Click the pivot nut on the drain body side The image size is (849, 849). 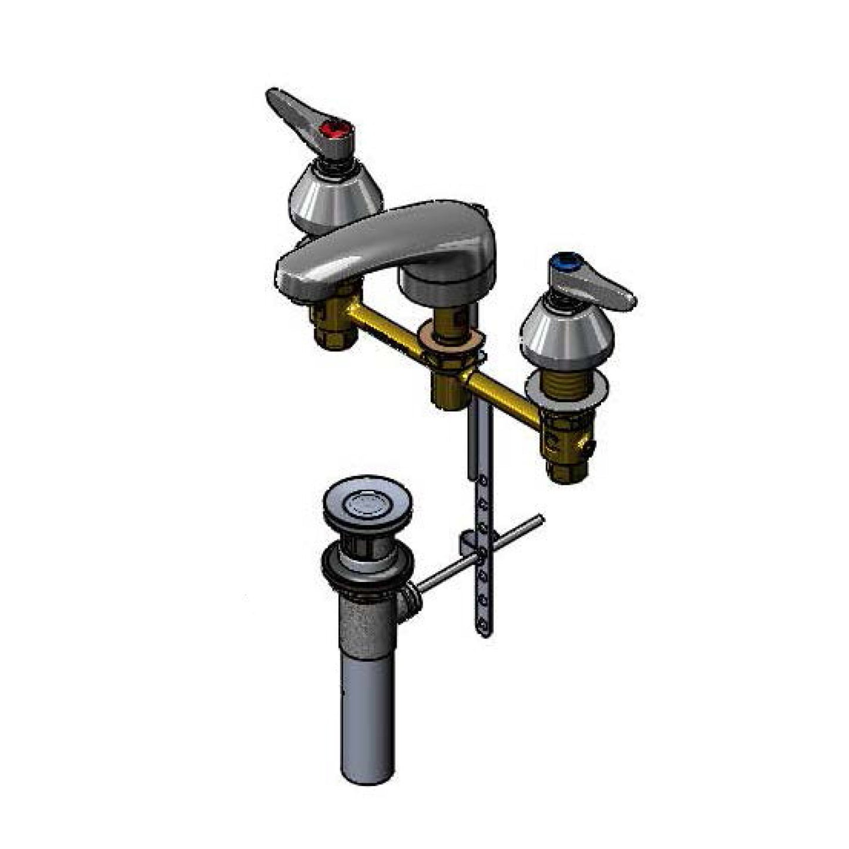(x=409, y=602)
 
